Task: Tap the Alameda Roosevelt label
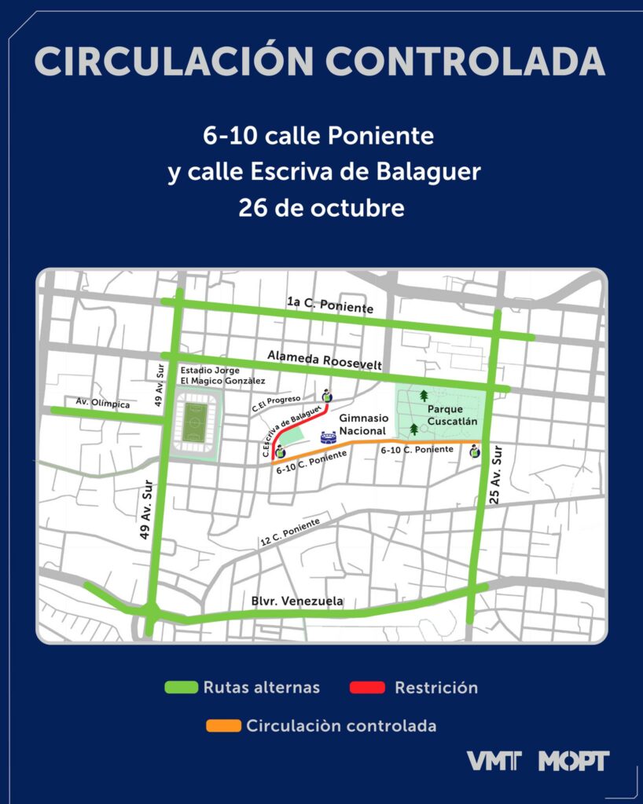point(325,360)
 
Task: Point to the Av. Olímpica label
point(103,402)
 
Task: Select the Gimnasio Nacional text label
point(362,426)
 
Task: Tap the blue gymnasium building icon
point(328,438)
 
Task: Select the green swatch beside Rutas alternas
point(180,688)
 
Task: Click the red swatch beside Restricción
point(366,688)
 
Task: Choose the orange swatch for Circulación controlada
point(223,725)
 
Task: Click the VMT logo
point(494,760)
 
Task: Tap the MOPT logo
point(574,760)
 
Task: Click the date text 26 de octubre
point(322,209)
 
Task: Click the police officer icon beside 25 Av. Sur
point(475,451)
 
